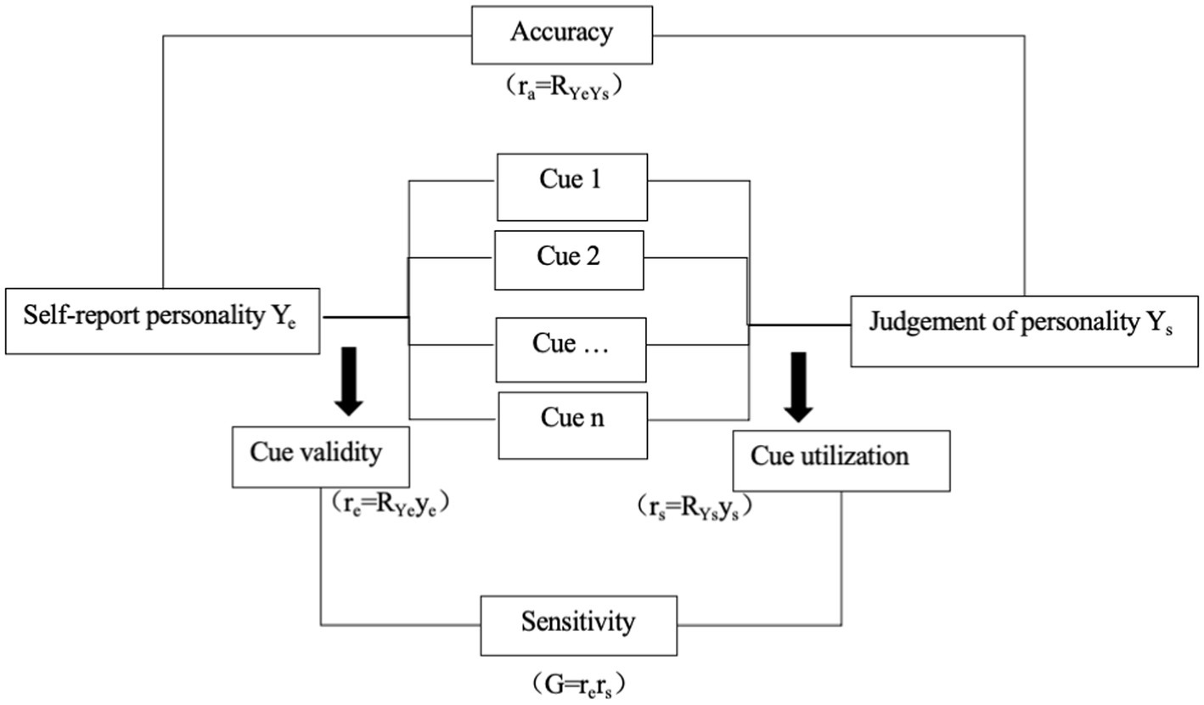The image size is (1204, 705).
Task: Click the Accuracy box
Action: coord(562,34)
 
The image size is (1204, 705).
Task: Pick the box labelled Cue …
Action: coord(571,349)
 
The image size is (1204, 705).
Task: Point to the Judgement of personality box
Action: coord(1023,330)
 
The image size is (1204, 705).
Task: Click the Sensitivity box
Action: coord(578,624)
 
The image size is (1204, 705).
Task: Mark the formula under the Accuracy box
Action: coord(562,87)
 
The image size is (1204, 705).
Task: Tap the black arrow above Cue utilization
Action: coord(797,386)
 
